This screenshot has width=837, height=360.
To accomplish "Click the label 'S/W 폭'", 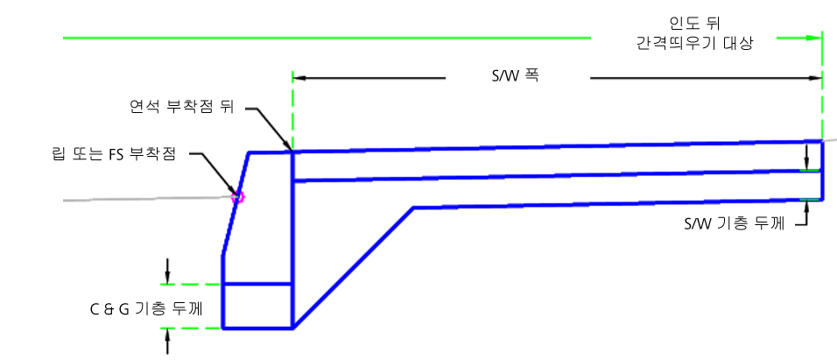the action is [515, 76].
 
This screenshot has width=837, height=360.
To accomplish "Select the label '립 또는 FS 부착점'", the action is [112, 155].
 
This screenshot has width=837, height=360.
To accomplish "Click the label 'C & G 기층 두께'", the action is [146, 309].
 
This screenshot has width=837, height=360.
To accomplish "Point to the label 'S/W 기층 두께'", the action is [734, 224].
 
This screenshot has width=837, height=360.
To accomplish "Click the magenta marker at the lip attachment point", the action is [238, 197].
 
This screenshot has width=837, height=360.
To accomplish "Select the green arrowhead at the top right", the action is [813, 38].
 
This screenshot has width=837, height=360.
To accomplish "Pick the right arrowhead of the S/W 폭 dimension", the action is [814, 78].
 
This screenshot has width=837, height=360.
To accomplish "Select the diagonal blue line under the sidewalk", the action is [354, 268].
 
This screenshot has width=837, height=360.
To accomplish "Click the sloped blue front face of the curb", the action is [236, 204].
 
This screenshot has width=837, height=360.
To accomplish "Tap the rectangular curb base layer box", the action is [257, 306].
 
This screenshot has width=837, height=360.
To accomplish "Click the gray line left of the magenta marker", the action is [148, 199].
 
